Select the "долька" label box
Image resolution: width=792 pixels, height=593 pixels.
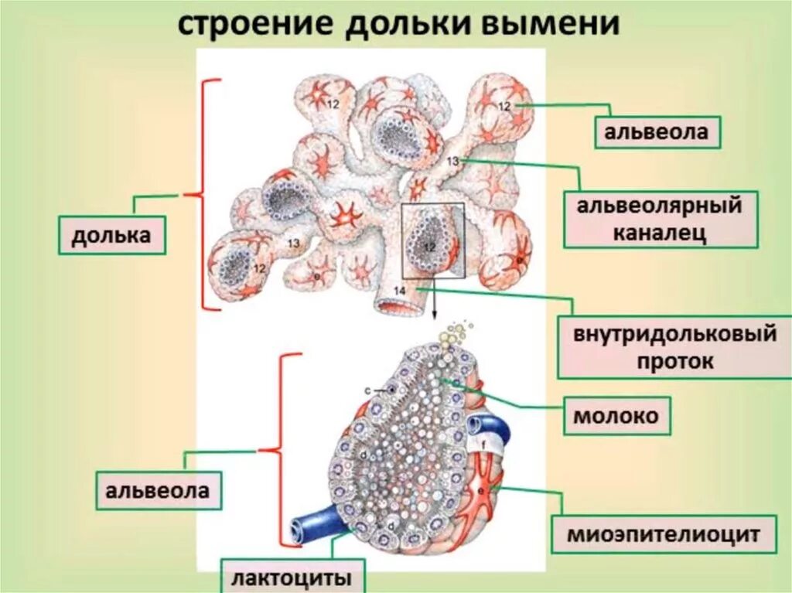point(111,235)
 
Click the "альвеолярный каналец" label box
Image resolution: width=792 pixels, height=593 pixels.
point(659,220)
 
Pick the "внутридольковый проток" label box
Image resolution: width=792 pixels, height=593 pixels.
point(674,348)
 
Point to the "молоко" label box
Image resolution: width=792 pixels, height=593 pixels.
point(616,417)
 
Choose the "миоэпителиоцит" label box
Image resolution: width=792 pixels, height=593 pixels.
point(664,533)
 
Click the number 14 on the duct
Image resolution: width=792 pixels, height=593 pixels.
point(399,290)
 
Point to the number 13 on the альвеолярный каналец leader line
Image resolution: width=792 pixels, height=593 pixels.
point(453,161)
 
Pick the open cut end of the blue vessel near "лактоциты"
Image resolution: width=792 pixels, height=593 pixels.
point(297,530)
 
